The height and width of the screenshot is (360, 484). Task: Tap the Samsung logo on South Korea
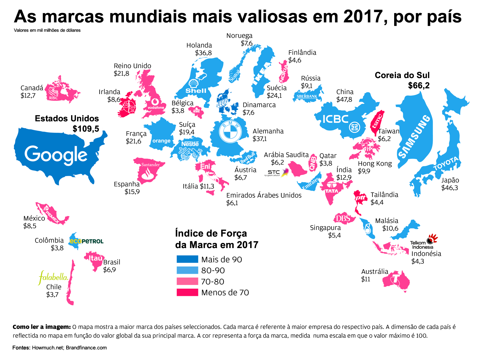(414, 136)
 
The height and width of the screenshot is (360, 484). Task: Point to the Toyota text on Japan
(446, 164)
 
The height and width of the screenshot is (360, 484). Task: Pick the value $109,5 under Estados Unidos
(86, 129)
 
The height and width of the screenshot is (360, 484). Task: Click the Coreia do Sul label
(402, 75)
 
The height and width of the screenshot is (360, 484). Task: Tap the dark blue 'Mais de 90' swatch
(187, 259)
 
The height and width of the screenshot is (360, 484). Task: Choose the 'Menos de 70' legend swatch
(187, 292)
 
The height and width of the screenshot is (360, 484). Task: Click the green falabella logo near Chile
(54, 277)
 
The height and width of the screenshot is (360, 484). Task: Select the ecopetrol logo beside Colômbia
(87, 241)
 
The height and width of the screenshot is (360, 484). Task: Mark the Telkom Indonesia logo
(423, 242)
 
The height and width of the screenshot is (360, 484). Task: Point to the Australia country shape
(396, 281)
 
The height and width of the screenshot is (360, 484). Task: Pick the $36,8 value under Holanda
(203, 53)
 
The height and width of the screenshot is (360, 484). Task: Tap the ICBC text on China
(335, 119)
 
